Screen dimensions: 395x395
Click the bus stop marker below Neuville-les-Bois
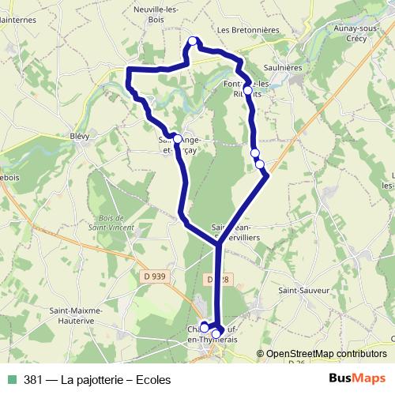tap(192, 42)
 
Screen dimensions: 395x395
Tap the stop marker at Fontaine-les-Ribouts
tap(248, 91)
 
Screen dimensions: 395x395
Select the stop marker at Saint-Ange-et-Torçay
tap(178, 136)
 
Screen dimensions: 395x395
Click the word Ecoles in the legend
tap(152, 379)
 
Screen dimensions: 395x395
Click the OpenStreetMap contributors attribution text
tap(327, 353)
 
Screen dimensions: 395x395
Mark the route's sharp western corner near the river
tap(129, 71)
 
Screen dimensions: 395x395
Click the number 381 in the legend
tap(32, 379)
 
